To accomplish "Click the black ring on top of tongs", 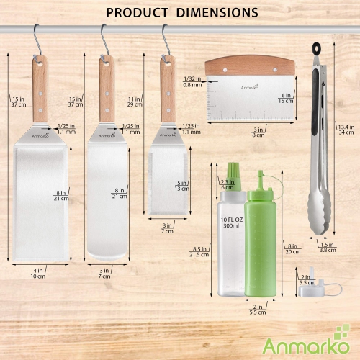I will [318, 49].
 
